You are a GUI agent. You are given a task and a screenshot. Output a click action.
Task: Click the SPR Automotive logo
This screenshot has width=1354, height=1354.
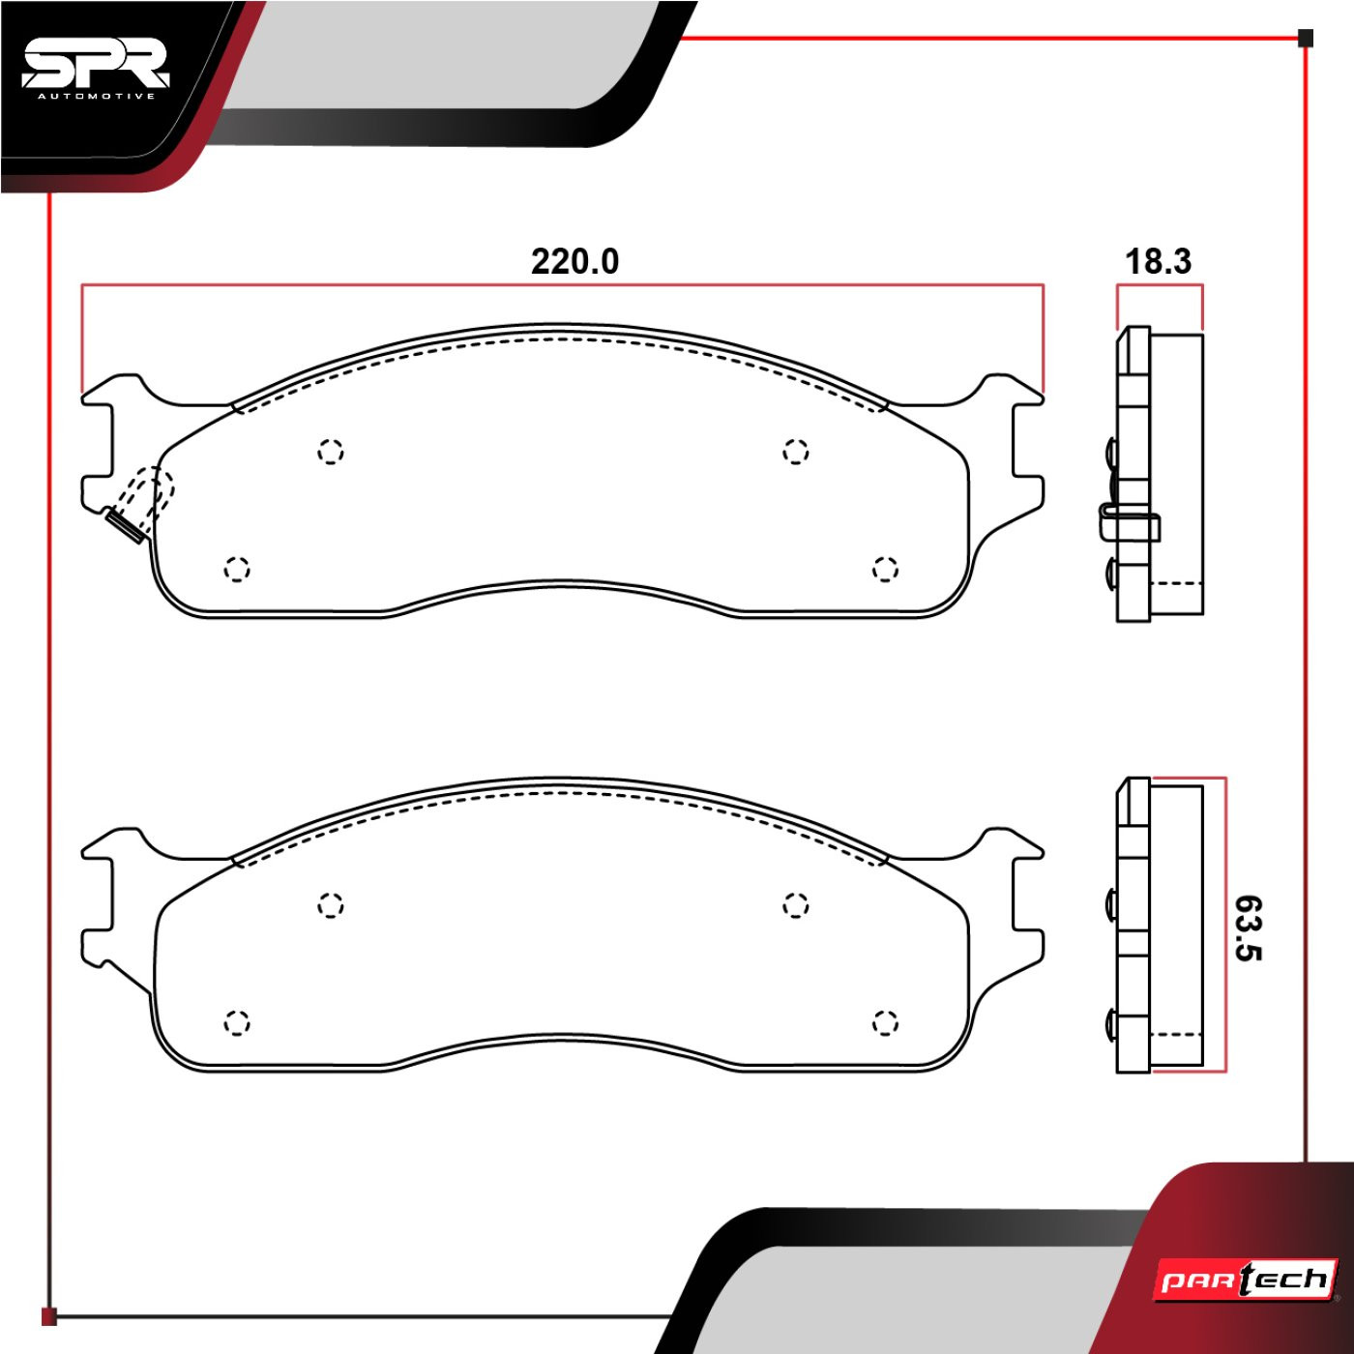pyautogui.click(x=95, y=73)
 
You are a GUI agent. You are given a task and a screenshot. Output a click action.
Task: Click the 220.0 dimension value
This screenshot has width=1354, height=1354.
pyautogui.click(x=574, y=262)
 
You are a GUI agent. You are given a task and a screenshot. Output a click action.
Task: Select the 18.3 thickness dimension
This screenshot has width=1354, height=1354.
pyautogui.click(x=1159, y=262)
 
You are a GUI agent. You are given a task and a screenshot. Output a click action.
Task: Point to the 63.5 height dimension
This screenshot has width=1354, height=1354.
pyautogui.click(x=1249, y=928)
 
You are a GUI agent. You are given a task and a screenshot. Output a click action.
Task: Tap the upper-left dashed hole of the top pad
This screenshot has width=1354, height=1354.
pyautogui.click(x=330, y=451)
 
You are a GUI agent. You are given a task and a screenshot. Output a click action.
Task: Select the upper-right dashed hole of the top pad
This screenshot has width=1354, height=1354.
pyautogui.click(x=795, y=451)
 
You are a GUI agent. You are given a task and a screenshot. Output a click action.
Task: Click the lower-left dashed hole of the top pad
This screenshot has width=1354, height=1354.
pyautogui.click(x=237, y=569)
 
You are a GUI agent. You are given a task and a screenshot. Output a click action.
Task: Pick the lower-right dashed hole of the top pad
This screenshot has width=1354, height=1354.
pyautogui.click(x=885, y=569)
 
